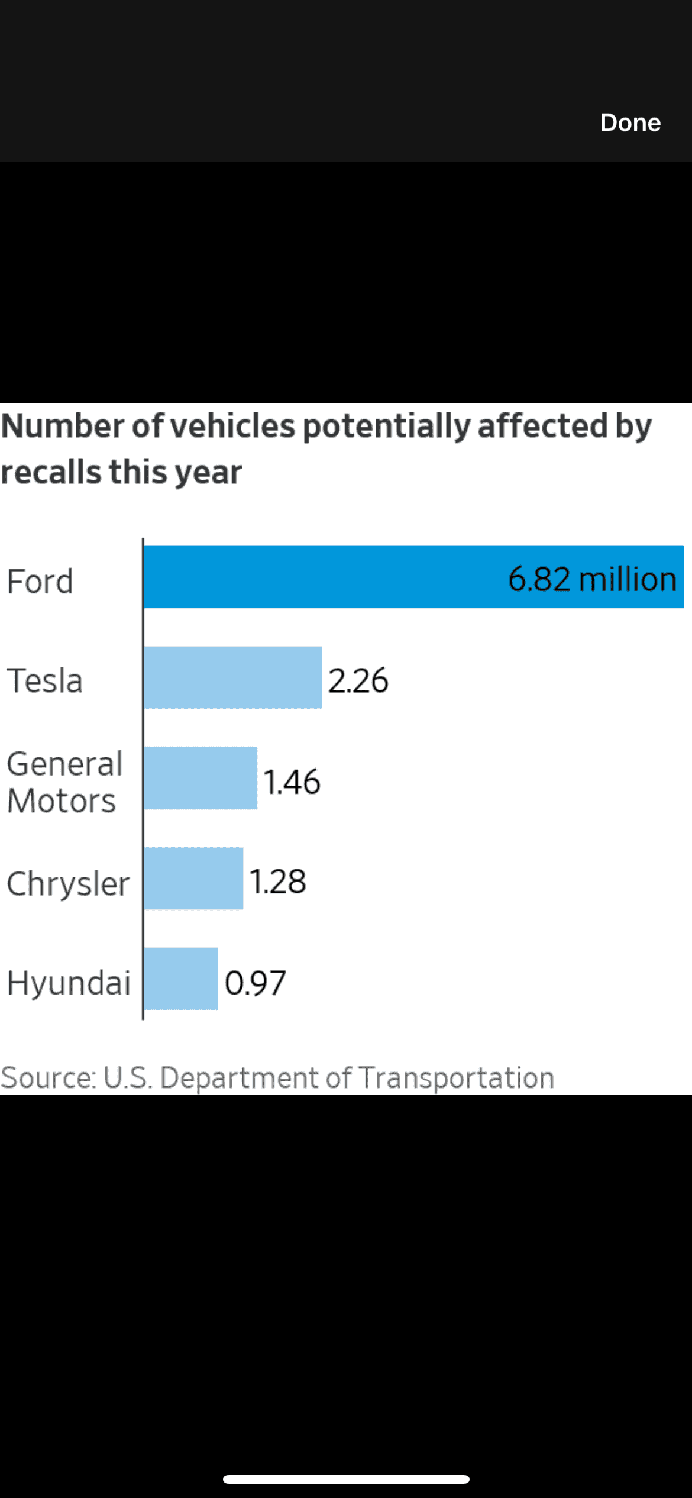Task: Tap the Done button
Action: [630, 122]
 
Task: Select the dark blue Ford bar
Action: [325, 577]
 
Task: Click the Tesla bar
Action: [232, 677]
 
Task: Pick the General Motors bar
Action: [201, 778]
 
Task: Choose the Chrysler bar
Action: [193, 878]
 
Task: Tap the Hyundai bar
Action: [181, 979]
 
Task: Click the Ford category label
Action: [40, 581]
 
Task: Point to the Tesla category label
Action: [45, 680]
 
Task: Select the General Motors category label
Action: [64, 782]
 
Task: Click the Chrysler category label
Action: [68, 884]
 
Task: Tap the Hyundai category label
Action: [69, 983]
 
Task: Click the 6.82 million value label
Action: [592, 579]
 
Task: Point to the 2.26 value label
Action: [358, 680]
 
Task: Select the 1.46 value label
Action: [292, 782]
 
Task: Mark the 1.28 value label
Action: [277, 882]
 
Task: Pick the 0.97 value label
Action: [255, 983]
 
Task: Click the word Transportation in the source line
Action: [457, 1077]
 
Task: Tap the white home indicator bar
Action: [346, 1479]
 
